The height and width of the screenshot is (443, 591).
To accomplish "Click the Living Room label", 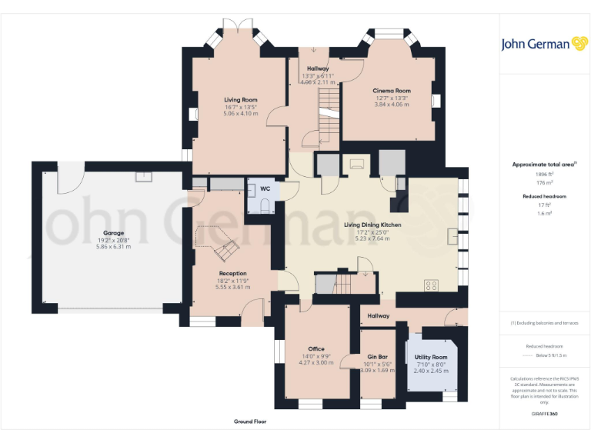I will [240, 99].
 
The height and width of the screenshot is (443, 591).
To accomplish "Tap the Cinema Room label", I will [392, 91].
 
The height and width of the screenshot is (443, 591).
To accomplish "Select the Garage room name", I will [113, 233].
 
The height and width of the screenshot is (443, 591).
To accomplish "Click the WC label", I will [265, 188].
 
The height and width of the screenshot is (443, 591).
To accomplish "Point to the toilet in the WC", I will [265, 205].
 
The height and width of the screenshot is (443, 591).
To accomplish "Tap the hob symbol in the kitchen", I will [431, 285].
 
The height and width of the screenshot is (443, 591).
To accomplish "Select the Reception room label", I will [232, 273].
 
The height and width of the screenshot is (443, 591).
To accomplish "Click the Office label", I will [316, 348].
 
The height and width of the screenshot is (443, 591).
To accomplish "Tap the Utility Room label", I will [430, 358].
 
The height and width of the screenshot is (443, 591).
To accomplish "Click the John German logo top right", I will [545, 44].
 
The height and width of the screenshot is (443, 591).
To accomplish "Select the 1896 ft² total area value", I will [544, 175].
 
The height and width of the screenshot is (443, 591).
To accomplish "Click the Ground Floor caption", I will [250, 421].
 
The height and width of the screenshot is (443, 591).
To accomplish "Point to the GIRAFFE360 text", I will [544, 415].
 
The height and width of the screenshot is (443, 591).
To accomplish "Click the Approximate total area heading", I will [543, 165].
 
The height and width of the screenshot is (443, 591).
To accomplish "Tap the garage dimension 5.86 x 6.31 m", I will [113, 246].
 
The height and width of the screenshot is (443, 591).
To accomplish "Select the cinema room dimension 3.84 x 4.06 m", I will [392, 104].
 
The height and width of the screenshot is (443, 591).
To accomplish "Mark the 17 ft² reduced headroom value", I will [544, 205].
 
